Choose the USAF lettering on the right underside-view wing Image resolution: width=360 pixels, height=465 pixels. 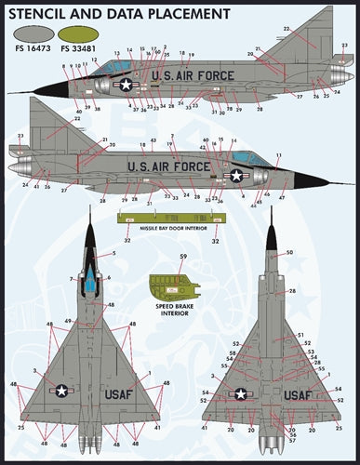297,395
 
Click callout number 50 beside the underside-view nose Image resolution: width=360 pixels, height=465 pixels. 289,253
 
